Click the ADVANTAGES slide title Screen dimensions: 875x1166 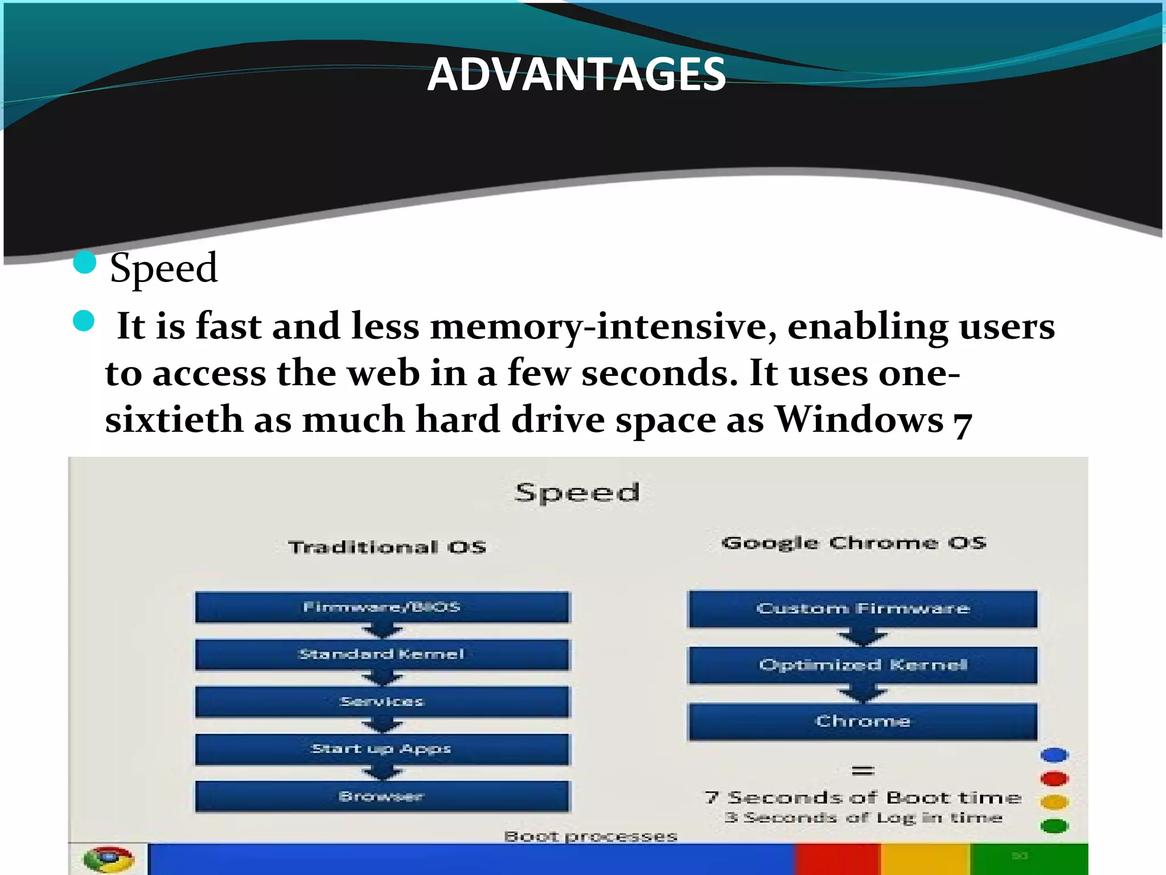pyautogui.click(x=576, y=74)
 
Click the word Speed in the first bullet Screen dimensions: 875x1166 pyautogui.click(x=163, y=268)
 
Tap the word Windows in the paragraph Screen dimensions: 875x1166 pyautogui.click(x=859, y=420)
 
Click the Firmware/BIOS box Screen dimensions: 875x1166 pyautogui.click(x=382, y=607)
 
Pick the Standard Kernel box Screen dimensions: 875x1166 pyautogui.click(x=382, y=655)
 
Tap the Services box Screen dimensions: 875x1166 pyautogui.click(x=382, y=702)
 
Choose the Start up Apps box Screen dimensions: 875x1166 pyautogui.click(x=382, y=749)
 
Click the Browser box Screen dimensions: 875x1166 pyautogui.click(x=382, y=796)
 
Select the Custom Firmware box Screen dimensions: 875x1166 pyautogui.click(x=863, y=609)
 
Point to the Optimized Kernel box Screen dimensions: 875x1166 pyautogui.click(x=863, y=665)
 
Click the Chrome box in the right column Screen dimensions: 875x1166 pyautogui.click(x=863, y=721)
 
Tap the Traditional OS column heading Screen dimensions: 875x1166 pyautogui.click(x=387, y=547)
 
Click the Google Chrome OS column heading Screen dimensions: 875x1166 pyautogui.click(x=853, y=543)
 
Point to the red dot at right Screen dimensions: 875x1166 pyautogui.click(x=1054, y=779)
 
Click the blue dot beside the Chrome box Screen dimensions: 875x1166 pyautogui.click(x=1054, y=755)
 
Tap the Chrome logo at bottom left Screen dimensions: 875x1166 pyautogui.click(x=108, y=859)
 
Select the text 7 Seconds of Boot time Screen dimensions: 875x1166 pyautogui.click(x=863, y=798)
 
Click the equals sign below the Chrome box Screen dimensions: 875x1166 pyautogui.click(x=863, y=771)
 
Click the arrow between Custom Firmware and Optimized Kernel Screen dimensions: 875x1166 pyautogui.click(x=863, y=637)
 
